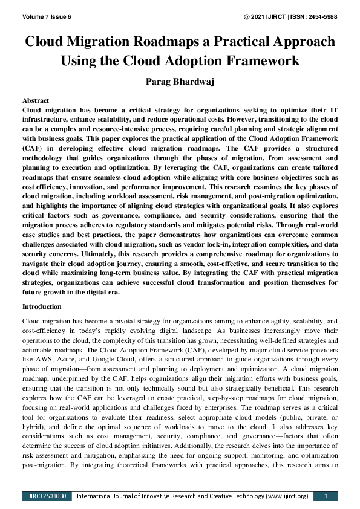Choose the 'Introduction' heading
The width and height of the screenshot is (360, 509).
click(42, 306)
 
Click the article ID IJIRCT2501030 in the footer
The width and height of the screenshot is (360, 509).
click(47, 496)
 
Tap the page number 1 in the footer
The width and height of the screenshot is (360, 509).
click(326, 496)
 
